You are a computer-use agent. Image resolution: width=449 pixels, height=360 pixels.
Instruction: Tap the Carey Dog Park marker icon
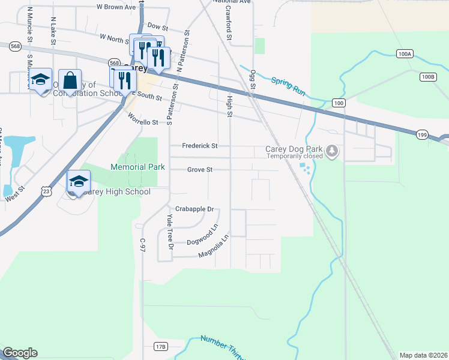click(332, 151)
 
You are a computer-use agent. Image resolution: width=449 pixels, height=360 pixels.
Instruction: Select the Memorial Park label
click(137, 166)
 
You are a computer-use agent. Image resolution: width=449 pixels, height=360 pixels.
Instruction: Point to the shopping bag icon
click(70, 80)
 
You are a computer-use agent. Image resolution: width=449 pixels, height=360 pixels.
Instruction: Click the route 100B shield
click(427, 76)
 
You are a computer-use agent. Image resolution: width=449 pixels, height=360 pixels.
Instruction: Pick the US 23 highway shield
click(46, 190)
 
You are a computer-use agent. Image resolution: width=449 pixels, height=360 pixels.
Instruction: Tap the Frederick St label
click(200, 146)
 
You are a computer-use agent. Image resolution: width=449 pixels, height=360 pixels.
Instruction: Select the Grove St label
click(200, 170)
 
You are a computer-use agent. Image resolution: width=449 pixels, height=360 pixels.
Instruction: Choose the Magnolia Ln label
click(214, 247)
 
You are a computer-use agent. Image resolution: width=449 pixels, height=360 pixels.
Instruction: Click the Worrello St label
click(142, 122)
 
